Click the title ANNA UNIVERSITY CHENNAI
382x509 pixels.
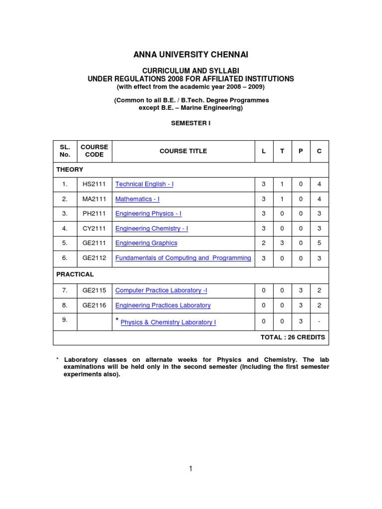tap(191, 55)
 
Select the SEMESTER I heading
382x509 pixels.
tap(191, 123)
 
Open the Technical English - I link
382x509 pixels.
tap(144, 184)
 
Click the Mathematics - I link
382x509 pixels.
tap(137, 199)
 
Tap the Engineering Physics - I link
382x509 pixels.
tap(148, 214)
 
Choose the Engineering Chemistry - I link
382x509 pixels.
tap(152, 229)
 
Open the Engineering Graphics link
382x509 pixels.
tap(146, 243)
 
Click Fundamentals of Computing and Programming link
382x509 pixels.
tap(183, 258)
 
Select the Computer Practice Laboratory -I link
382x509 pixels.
tap(161, 290)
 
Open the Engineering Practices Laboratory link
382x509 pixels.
tap(163, 305)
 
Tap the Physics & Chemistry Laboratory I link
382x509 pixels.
tap(168, 323)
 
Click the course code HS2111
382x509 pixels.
tap(94, 184)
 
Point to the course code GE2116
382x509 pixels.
tap(94, 305)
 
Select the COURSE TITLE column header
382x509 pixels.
tap(183, 151)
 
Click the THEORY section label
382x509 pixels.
tap(70, 170)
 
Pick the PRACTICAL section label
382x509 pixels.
tap(75, 274)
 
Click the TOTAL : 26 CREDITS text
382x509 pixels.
tap(292, 337)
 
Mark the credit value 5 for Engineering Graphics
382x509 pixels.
tap(319, 243)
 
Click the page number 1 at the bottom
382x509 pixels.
tap(191, 468)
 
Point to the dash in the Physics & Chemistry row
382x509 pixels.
tap(319, 322)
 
